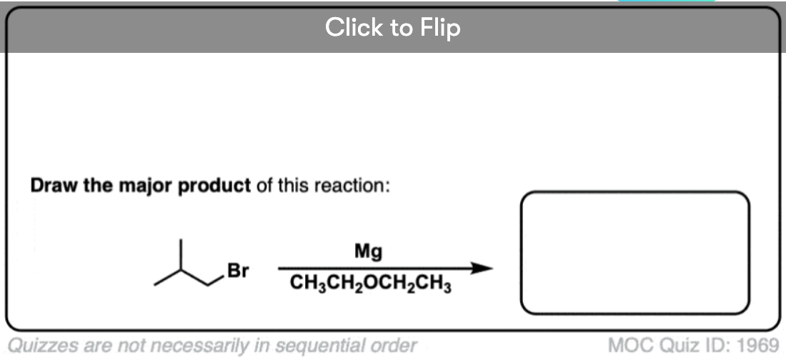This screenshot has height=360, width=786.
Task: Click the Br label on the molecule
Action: pos(238,271)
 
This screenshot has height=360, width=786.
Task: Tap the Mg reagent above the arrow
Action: pos(368,252)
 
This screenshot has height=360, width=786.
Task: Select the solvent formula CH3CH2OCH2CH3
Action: pos(370,286)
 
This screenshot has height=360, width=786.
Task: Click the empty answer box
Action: pos(635,193)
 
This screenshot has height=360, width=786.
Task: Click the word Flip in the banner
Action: pos(442,28)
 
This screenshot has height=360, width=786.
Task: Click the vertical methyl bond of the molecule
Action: pos(181,255)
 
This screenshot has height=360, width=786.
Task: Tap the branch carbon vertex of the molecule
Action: pos(181,271)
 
